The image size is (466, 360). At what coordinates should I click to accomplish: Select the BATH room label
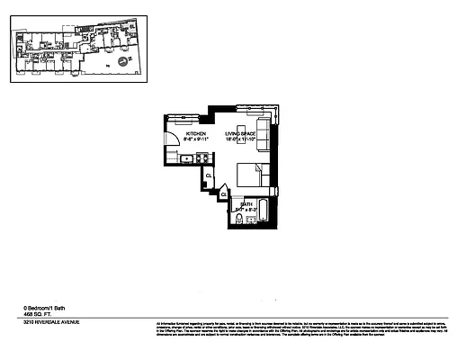[245, 204]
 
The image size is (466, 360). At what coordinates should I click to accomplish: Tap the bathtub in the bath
[266, 213]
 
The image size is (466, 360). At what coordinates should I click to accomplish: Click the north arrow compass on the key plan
[131, 61]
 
